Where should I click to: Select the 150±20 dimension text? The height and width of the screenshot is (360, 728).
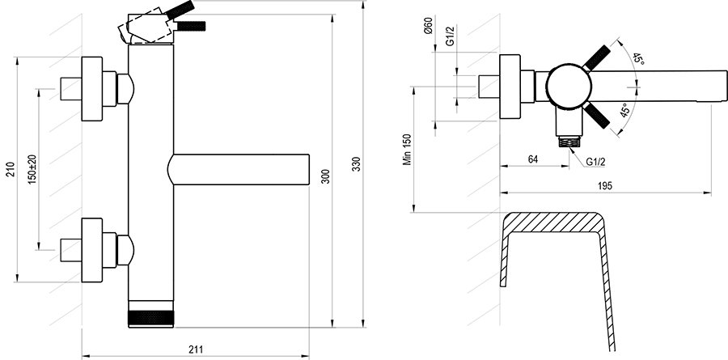point(32,168)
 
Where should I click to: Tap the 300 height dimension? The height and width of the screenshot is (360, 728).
point(324,179)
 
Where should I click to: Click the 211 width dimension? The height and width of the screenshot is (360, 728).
point(196,349)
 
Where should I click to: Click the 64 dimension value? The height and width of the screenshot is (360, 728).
point(532,159)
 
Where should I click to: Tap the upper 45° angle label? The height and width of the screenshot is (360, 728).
point(638,59)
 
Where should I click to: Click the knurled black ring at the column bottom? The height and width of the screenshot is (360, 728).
point(151,316)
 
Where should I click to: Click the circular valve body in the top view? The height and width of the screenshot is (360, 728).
point(565,84)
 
